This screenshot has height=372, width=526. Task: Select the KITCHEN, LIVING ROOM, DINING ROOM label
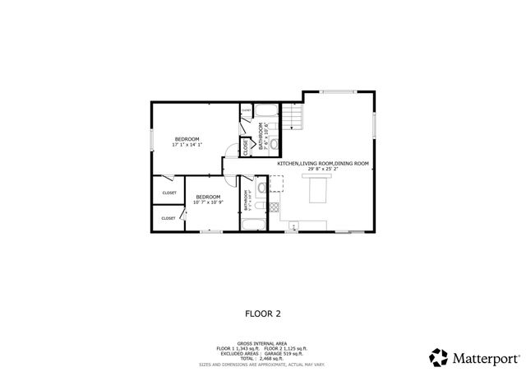coord(317,164)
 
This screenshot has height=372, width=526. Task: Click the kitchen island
coord(317,190)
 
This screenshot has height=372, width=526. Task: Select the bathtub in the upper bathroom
coord(268,112)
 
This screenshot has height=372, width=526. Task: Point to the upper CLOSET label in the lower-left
coord(169,193)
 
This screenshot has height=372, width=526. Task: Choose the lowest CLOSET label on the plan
coord(168,218)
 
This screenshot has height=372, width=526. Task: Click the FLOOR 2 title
coord(263,313)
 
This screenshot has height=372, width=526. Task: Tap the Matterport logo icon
coord(437,357)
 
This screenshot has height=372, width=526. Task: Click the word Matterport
coord(484,358)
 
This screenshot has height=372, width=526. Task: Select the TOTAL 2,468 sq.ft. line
coord(263,358)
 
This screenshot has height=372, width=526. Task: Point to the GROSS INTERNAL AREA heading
coord(263,342)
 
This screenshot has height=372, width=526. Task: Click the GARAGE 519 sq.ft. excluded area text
coord(283,353)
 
